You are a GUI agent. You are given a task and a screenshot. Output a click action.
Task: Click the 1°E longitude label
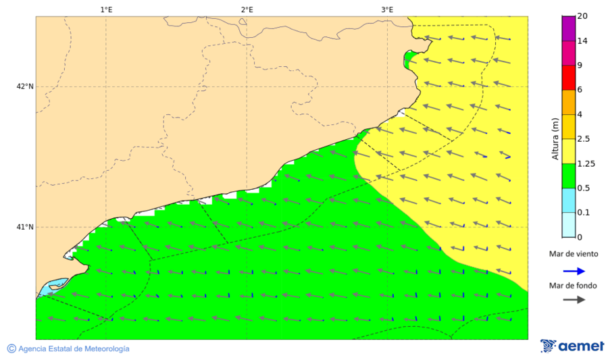106,9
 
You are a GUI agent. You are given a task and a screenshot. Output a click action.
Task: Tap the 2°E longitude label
247,9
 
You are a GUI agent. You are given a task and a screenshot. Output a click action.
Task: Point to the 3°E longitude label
387,9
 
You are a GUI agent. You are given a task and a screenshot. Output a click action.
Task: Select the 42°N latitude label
25,86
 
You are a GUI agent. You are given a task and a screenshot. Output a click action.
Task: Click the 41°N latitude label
25,227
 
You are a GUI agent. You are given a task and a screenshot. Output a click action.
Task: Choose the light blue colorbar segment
568,200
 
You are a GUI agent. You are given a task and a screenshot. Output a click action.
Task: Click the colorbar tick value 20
582,17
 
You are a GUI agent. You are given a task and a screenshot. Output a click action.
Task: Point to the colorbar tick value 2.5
584,139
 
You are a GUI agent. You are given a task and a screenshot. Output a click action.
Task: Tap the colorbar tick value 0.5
584,188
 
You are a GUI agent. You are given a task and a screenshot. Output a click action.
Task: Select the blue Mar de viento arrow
575,270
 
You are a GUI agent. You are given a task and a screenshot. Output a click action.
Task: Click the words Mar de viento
574,254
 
